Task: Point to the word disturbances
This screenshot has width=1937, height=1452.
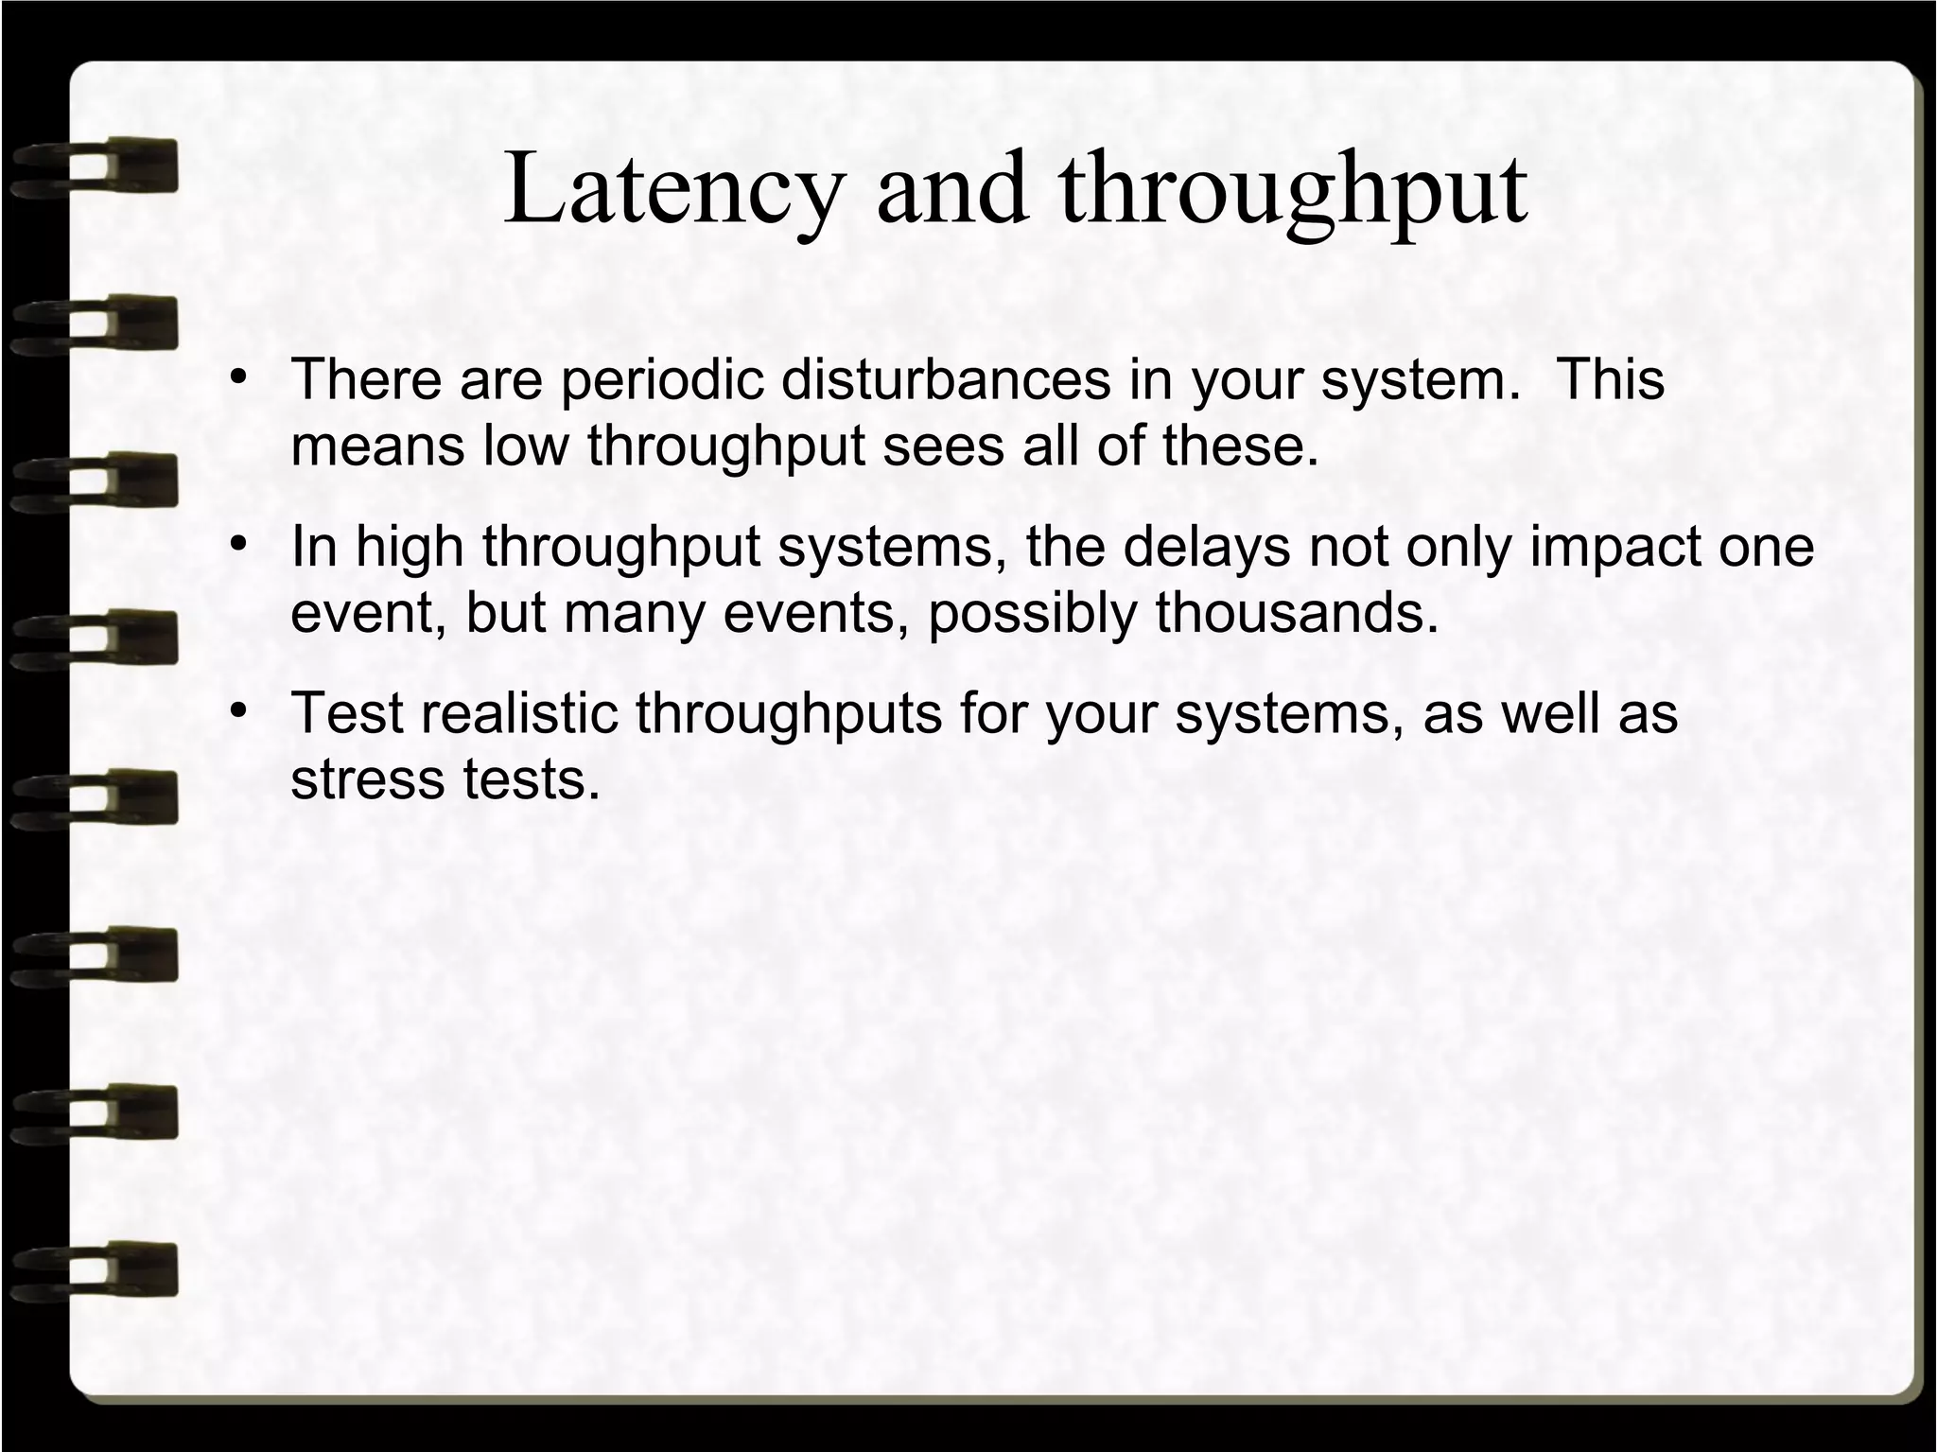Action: click(x=946, y=380)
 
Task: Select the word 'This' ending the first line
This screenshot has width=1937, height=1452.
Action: click(x=1610, y=380)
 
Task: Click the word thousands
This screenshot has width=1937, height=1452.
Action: click(x=1297, y=614)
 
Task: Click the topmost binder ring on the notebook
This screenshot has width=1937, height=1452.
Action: click(x=95, y=168)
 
